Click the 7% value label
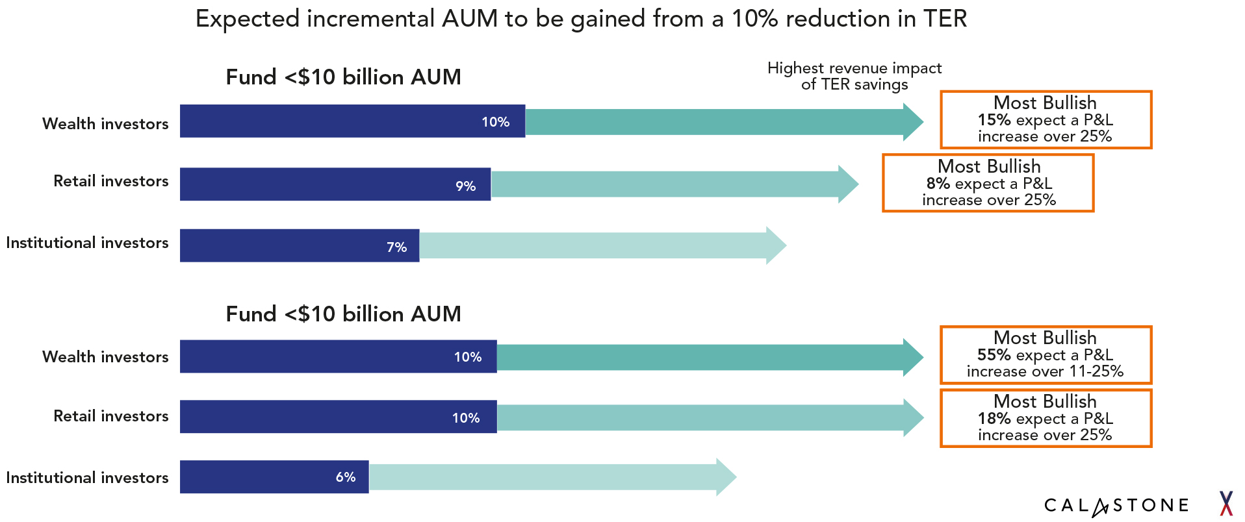tap(396, 247)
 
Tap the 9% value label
tap(465, 186)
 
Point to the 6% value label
tap(345, 477)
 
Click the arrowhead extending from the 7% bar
tap(776, 245)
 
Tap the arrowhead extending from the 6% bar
tap(726, 477)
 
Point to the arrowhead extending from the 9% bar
tap(848, 184)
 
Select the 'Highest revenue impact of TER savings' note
tap(854, 77)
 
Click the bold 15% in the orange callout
tap(994, 120)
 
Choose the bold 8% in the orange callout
tap(938, 184)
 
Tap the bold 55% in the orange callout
tap(994, 355)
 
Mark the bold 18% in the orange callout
tap(994, 419)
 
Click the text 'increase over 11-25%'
tap(1045, 371)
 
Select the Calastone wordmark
tap(1116, 506)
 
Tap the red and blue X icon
tap(1226, 504)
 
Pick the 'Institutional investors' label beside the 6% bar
tap(87, 478)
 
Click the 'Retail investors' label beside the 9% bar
tap(110, 181)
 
